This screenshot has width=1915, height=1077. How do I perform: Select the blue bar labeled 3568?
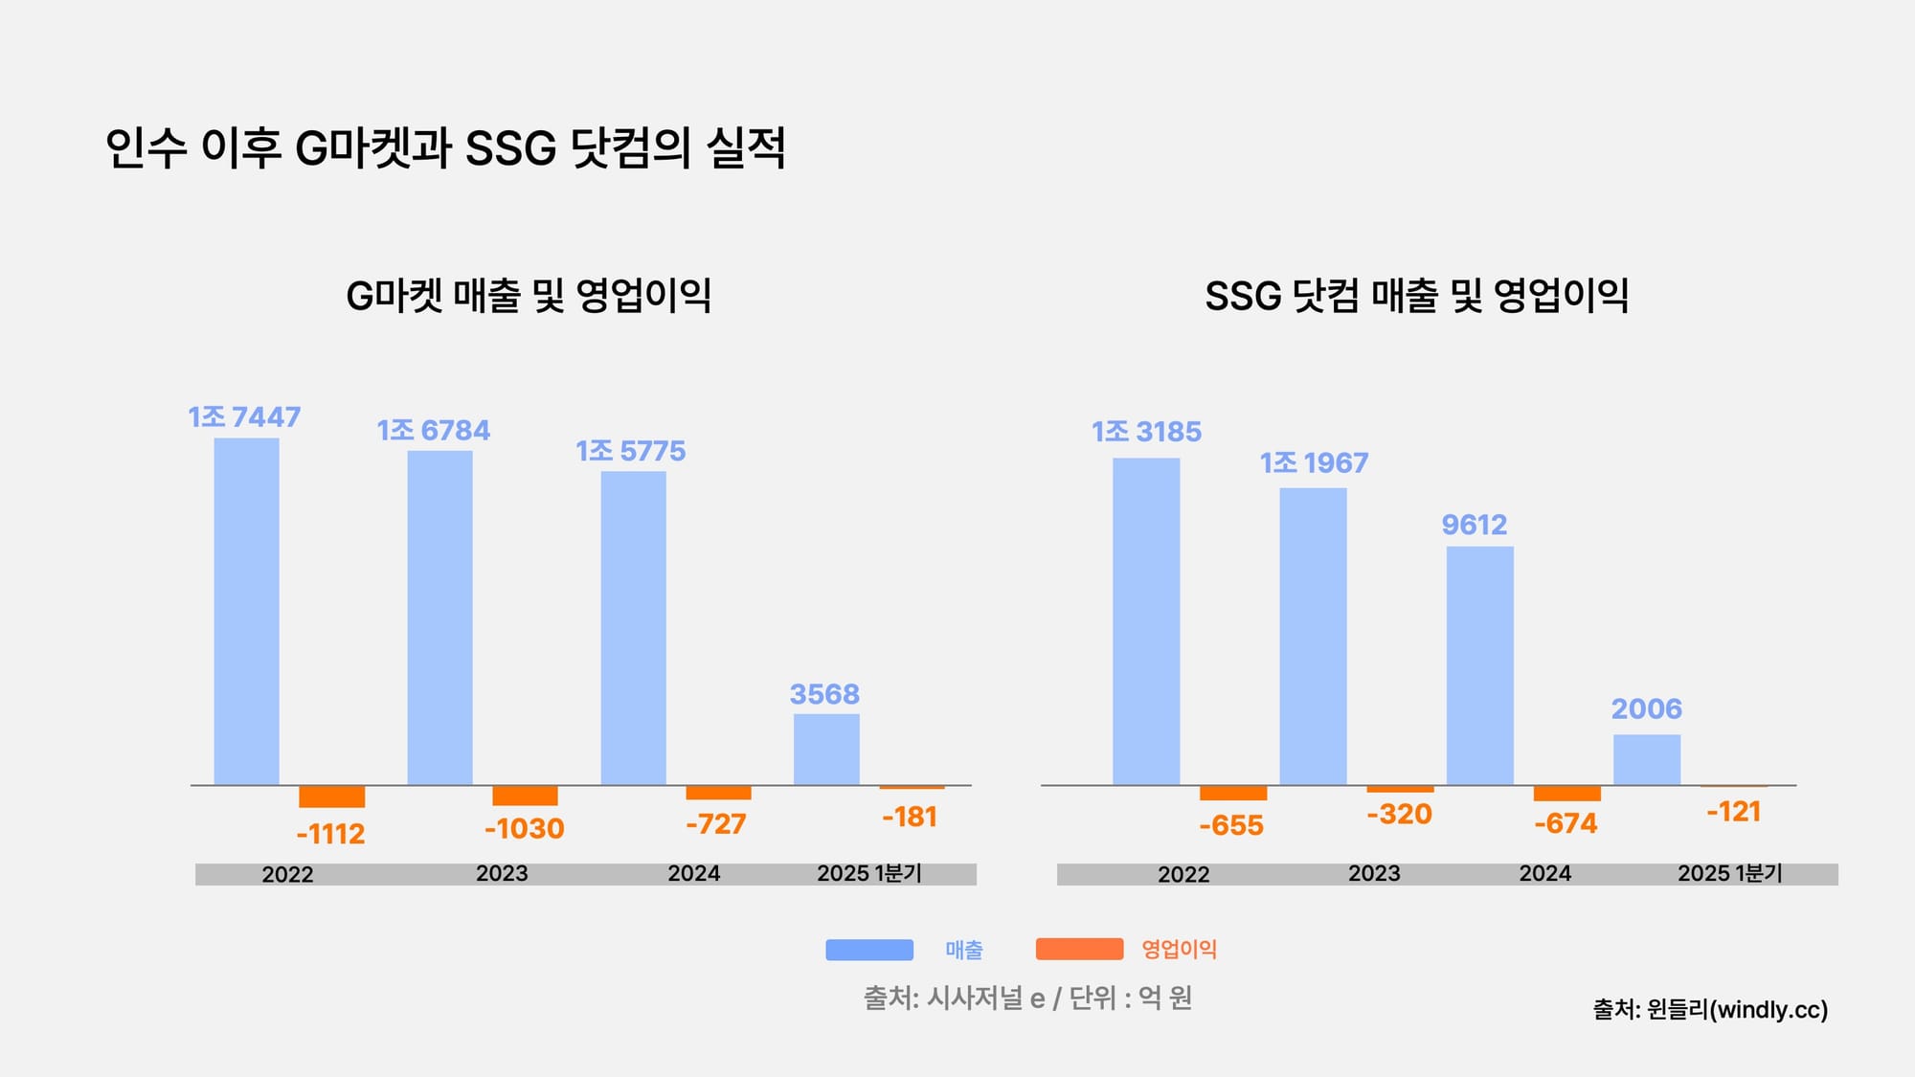826,749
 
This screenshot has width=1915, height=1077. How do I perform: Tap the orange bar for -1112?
331,797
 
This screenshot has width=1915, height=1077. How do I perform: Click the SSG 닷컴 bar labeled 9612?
1479,665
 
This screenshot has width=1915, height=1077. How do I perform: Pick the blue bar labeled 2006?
1646,759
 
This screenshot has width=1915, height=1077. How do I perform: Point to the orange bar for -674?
1566,794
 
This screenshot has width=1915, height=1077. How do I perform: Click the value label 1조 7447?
244,417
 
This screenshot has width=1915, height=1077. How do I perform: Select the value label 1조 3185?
1146,432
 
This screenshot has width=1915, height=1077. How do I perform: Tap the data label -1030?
524,829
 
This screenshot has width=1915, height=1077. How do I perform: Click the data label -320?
1399,815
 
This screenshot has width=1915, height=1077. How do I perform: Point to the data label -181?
909,818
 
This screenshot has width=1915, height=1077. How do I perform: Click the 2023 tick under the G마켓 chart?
502,874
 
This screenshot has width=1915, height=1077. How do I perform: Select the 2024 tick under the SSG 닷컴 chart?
1544,874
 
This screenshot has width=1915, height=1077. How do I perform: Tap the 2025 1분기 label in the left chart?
868,874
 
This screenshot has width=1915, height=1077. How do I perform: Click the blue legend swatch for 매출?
868,950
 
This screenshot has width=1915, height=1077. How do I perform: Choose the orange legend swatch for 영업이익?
1079,950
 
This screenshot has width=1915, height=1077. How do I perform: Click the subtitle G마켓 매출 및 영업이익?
529,296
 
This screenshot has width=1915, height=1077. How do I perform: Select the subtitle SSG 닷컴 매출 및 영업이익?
1416,296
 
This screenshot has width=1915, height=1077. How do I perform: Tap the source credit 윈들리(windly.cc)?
1710,1010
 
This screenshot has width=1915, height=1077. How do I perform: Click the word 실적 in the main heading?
746,148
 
